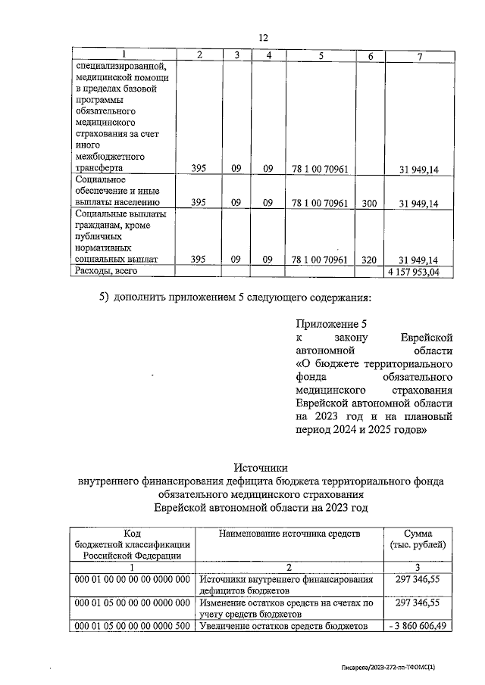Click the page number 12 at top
[x=264, y=38]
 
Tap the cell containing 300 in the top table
[x=369, y=202]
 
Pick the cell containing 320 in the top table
[x=369, y=260]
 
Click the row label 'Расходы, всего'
[x=106, y=271]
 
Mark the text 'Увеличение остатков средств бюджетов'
[x=283, y=626]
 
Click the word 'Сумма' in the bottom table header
[x=418, y=534]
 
